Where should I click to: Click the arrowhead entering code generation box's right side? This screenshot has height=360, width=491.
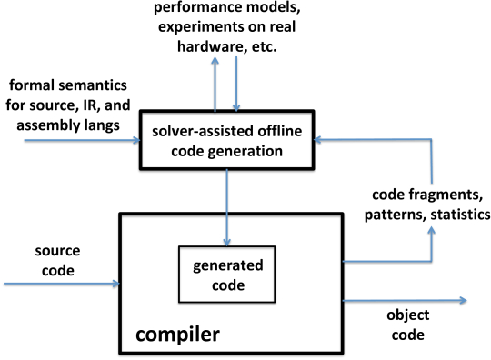pos(325,140)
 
